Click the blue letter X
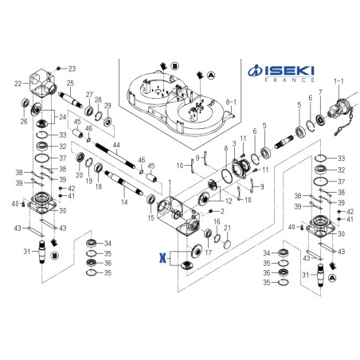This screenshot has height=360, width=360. pyautogui.click(x=162, y=259)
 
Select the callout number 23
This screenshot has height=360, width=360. pyautogui.click(x=71, y=68)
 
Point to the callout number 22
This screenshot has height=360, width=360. pyautogui.click(x=18, y=83)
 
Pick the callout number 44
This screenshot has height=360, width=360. pyautogui.click(x=116, y=146)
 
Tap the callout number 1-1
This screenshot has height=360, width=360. pyautogui.click(x=339, y=80)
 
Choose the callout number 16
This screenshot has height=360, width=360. pyautogui.click(x=217, y=221)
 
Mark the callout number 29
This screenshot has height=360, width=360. pyautogui.click(x=108, y=105)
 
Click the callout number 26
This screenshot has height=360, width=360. pyautogui.click(x=22, y=122)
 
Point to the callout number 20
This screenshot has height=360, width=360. pyautogui.click(x=80, y=174)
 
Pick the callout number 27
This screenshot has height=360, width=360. pyautogui.click(x=90, y=94)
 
